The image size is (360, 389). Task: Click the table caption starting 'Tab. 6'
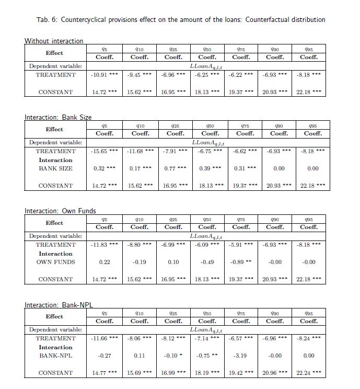[181, 20]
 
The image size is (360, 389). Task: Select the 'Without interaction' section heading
[54, 41]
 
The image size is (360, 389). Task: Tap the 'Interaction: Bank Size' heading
[58, 117]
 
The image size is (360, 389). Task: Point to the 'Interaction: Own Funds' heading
[60, 211]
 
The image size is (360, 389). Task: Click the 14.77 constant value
[100, 373]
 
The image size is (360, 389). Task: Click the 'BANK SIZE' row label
[55, 168]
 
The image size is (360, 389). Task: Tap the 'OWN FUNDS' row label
[55, 262]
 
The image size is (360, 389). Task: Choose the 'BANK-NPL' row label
[55, 356]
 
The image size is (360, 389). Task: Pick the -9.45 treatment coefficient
[135, 75]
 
